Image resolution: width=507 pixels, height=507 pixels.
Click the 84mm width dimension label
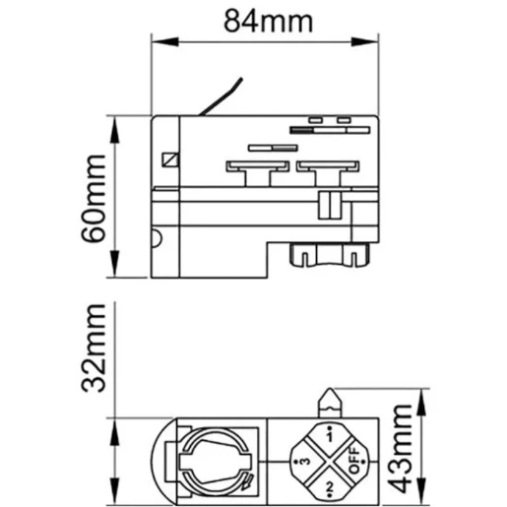(262, 21)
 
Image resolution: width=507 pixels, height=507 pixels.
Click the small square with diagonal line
(170, 158)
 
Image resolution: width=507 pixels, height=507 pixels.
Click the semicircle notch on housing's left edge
(156, 236)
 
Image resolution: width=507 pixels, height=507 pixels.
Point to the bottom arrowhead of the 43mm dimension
(422, 492)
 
